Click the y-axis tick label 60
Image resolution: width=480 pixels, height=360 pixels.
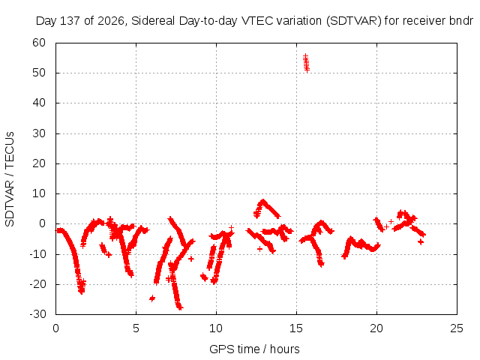39,43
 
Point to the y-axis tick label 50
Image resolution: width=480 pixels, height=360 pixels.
39,73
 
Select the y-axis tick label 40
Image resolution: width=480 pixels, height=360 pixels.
39,103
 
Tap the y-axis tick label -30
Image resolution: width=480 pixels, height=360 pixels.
37,314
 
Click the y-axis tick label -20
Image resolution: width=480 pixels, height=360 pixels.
37,284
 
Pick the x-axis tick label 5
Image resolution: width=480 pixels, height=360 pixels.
136,328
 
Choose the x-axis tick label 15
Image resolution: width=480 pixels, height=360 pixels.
296,328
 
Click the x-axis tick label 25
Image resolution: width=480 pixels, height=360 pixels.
457,328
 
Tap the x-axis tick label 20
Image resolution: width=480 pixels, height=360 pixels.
376,328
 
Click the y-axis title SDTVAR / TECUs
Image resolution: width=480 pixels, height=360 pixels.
10,179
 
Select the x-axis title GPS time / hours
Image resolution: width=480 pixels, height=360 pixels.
254,349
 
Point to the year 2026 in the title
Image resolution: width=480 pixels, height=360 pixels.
111,21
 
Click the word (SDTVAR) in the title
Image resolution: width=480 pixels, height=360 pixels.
353,21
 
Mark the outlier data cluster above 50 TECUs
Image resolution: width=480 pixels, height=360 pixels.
306,63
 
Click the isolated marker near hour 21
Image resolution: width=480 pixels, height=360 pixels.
391,221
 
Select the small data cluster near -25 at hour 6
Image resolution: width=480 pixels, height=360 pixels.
152,298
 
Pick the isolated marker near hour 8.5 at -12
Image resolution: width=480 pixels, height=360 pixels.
191,259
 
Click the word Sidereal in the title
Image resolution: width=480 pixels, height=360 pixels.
153,21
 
